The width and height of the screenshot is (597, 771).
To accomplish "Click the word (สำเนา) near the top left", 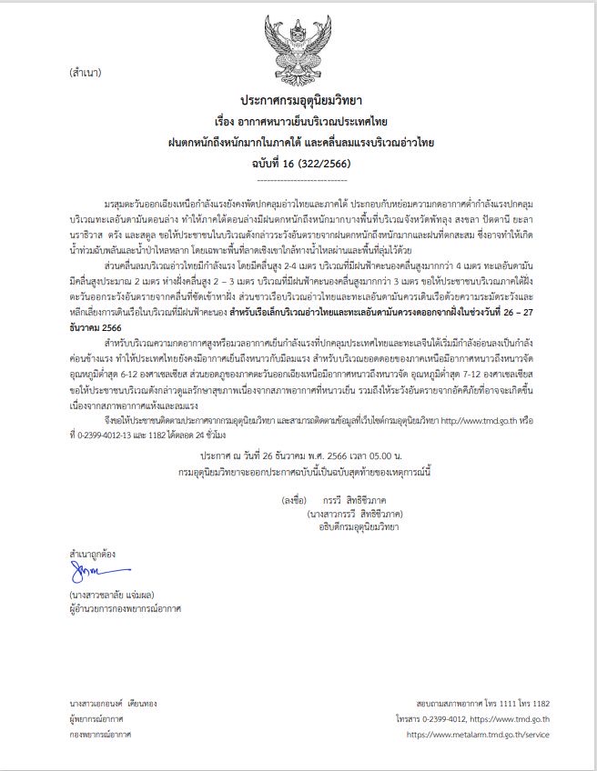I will (x=83, y=72).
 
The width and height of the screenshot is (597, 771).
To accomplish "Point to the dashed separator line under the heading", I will (x=301, y=176).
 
